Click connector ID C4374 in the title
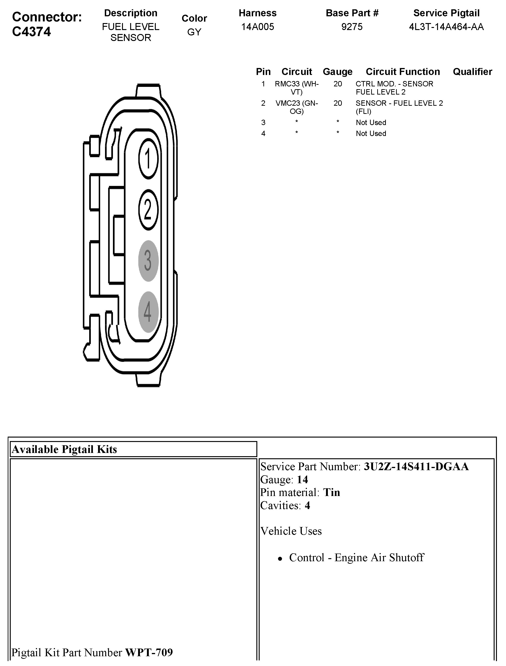tap(32, 32)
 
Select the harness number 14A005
tap(258, 27)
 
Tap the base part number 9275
tap(352, 27)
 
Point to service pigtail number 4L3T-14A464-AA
tap(446, 27)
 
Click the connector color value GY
tap(194, 32)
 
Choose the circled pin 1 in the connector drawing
tap(148, 158)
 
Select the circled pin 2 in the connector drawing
tap(148, 210)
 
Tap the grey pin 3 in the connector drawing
tap(148, 261)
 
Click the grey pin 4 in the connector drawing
tap(148, 312)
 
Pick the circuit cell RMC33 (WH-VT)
tap(297, 88)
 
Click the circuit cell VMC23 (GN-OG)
tap(297, 107)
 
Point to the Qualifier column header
tap(472, 72)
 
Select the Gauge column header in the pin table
tap(338, 72)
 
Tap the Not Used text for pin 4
tap(371, 133)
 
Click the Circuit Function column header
tap(403, 72)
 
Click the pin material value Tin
tap(332, 493)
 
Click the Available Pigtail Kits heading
tap(64, 449)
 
